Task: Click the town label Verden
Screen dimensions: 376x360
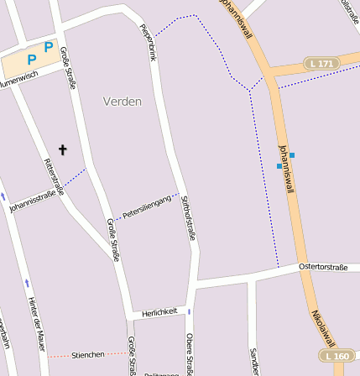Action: pos(123,102)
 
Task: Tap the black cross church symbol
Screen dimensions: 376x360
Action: pos(62,150)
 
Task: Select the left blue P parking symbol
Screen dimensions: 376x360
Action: pos(32,59)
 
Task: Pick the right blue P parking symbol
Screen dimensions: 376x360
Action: pos(49,48)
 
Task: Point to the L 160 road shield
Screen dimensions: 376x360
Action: pos(337,356)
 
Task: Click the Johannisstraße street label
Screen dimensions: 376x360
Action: pos(36,201)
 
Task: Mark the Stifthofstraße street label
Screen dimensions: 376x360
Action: pos(188,217)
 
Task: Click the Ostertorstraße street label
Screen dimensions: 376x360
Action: pos(323,267)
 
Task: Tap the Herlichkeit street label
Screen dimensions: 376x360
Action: pos(159,311)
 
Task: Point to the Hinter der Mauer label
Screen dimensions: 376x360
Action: pos(36,323)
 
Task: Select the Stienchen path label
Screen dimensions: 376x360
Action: pos(88,355)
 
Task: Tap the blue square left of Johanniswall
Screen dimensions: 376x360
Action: pos(279,166)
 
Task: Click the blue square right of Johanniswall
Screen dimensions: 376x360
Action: pos(293,155)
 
